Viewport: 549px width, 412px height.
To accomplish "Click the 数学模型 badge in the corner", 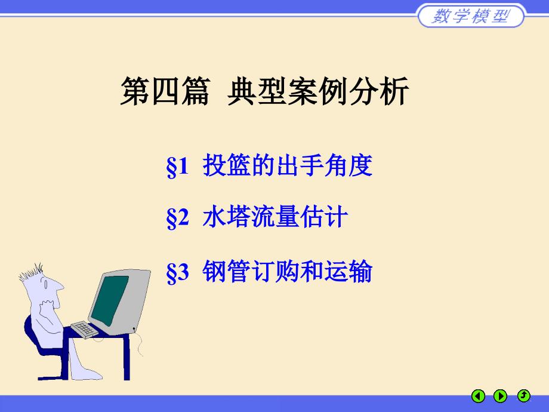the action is [x=471, y=16].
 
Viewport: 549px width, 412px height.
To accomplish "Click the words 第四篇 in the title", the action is [x=165, y=91].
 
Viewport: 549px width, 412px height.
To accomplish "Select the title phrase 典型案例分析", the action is [x=318, y=91].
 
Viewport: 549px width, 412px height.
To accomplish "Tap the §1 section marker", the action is [x=177, y=166].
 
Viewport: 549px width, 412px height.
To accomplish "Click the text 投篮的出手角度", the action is [x=288, y=165].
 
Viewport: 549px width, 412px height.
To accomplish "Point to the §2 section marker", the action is [x=177, y=217].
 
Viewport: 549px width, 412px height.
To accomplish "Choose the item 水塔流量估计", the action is [x=275, y=217].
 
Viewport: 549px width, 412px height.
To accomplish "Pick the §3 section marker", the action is [x=177, y=272].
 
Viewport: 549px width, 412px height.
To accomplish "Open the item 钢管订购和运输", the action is [x=288, y=271].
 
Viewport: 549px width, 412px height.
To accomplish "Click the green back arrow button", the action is [x=478, y=396].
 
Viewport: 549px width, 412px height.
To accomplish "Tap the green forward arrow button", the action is [x=500, y=396].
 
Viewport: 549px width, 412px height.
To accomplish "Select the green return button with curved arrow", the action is [x=524, y=395].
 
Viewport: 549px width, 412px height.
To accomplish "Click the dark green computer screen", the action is [x=110, y=300].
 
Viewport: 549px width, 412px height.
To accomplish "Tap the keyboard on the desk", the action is [x=84, y=330].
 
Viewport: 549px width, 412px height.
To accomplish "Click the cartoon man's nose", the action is [x=60, y=286].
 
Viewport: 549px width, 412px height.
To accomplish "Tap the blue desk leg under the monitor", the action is [x=127, y=357].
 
